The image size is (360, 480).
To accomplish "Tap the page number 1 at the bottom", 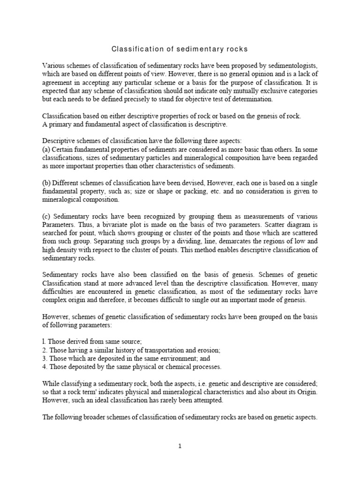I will tap(180, 446).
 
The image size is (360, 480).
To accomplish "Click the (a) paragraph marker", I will tap(47, 150).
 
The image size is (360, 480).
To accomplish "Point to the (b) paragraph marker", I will tap(47, 183).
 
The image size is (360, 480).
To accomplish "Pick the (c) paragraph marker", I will tap(47, 217).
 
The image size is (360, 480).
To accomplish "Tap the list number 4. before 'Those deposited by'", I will tap(45, 367).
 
